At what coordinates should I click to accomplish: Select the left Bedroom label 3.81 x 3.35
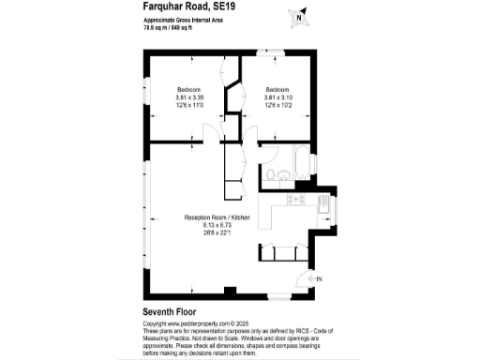coord(187,97)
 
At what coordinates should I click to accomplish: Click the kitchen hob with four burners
coord(297,200)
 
